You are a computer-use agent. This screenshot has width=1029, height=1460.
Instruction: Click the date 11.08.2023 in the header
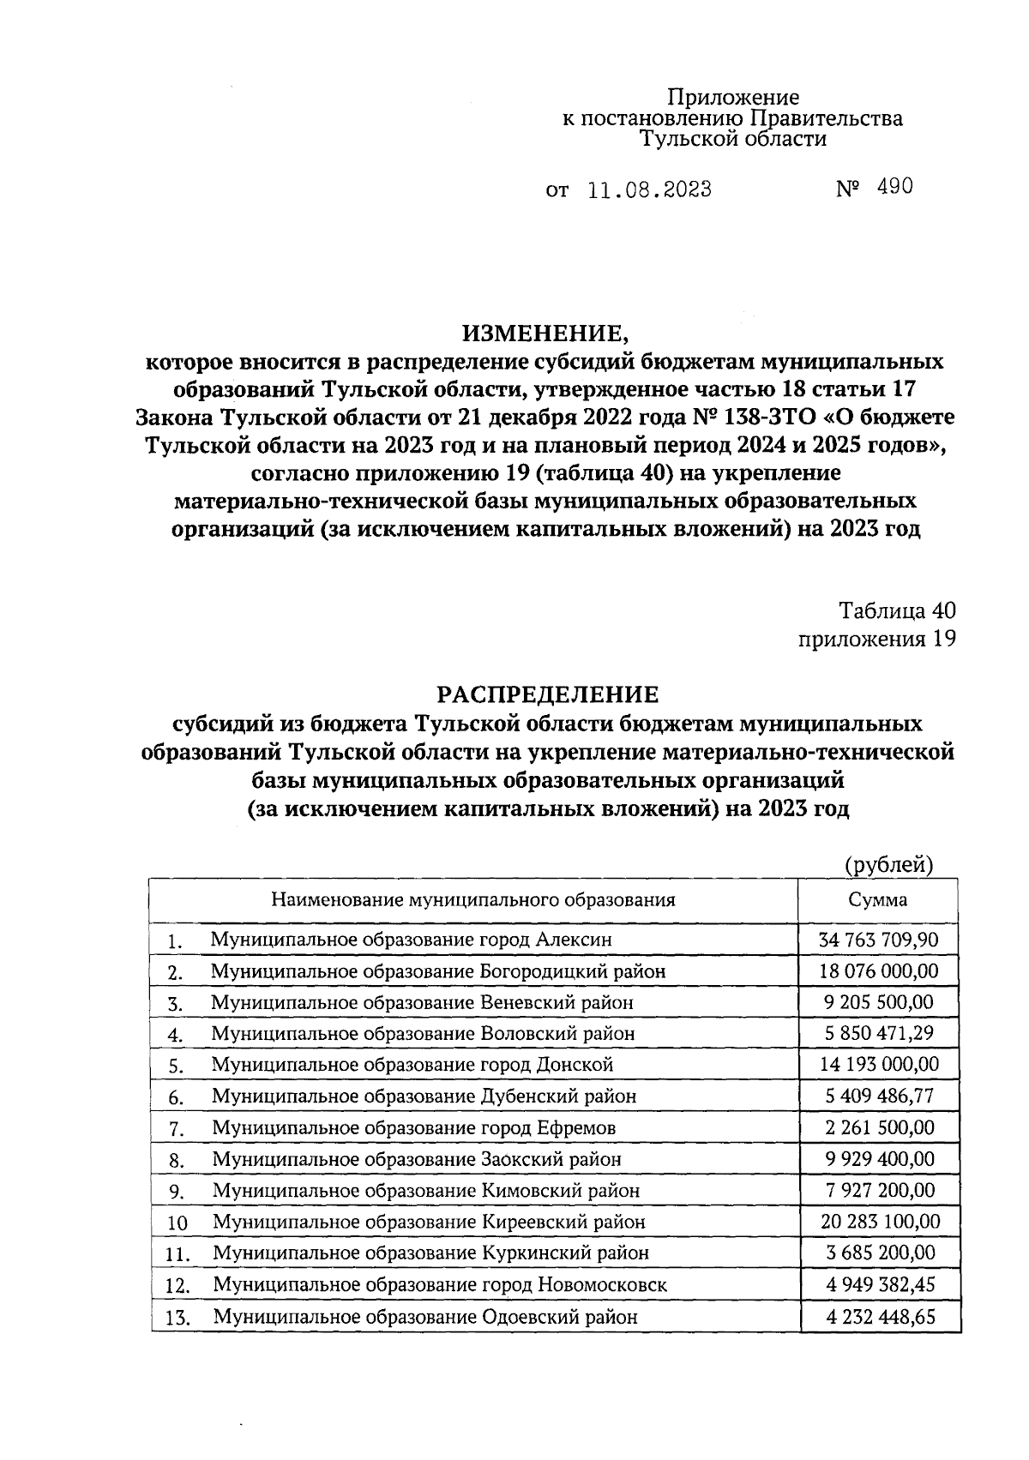[649, 189]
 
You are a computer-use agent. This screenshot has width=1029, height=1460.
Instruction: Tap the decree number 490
[894, 188]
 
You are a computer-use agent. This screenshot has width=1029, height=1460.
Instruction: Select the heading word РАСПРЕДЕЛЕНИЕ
[549, 694]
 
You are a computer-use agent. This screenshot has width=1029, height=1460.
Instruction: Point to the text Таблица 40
[897, 610]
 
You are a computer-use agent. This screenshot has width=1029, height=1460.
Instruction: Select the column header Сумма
[878, 900]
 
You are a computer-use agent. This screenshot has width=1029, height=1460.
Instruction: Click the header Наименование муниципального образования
[472, 900]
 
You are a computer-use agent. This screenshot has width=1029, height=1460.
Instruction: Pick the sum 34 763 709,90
[880, 940]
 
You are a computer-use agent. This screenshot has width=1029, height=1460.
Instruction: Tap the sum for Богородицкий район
[880, 970]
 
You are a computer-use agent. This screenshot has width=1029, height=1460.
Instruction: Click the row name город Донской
[412, 1065]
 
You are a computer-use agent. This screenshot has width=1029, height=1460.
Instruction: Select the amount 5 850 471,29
[880, 1034]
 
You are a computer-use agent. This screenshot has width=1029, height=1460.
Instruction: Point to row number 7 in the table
[176, 1129]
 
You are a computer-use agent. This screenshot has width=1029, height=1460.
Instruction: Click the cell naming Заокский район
[417, 1159]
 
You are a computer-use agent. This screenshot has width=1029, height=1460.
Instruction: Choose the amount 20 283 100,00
[880, 1222]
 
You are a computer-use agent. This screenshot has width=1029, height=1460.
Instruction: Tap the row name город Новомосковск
[440, 1285]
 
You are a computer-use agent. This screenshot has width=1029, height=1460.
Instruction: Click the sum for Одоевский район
[880, 1317]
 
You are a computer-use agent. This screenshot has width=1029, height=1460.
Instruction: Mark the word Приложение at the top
[733, 98]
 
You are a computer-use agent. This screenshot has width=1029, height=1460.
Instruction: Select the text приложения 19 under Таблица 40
[876, 639]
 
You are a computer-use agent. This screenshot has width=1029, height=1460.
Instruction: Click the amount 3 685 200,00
[880, 1253]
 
